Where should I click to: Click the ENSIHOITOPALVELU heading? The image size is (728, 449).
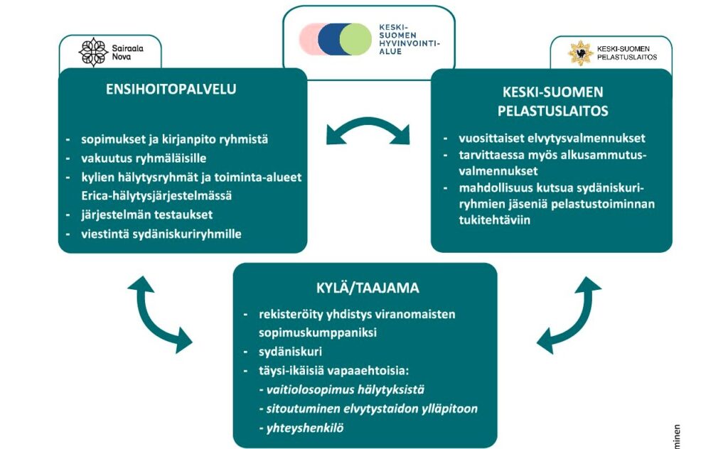tap(171, 90)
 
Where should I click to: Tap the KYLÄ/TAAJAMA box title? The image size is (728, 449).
tap(367, 288)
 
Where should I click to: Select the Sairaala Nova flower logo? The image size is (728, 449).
tap(92, 53)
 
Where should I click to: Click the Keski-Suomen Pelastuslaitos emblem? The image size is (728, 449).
tap(580, 53)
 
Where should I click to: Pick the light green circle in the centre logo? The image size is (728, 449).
tap(355, 39)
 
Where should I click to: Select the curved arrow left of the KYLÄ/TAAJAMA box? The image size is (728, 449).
tap(158, 313)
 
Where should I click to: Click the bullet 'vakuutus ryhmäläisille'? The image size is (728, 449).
tap(143, 158)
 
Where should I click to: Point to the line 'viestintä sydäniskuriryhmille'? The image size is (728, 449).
tap(161, 233)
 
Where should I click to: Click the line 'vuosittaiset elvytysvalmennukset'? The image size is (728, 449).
tap(543, 139)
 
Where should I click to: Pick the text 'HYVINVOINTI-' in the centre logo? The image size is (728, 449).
tap(409, 43)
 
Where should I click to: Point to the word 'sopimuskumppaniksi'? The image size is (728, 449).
tap(307, 332)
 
